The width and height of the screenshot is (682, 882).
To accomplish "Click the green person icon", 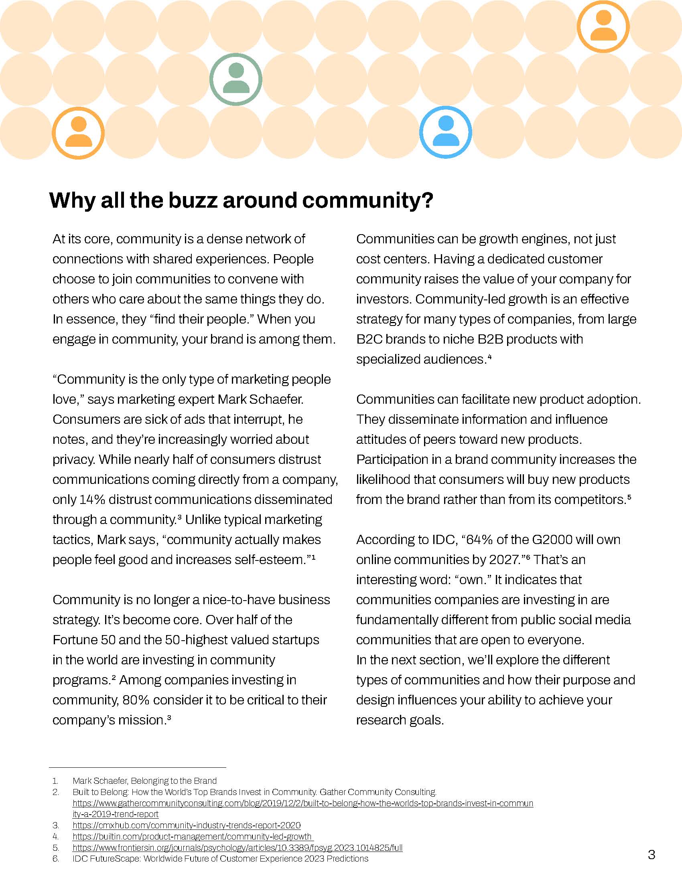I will pos(235,79).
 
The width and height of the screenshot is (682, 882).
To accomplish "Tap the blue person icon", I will pos(446,131).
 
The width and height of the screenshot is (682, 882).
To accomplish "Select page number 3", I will pos(651,855).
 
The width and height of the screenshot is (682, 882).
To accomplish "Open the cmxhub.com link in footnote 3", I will pos(186,825).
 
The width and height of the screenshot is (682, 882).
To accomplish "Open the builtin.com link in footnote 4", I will pos(192,836).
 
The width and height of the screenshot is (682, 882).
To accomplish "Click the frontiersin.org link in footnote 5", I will pos(237,848).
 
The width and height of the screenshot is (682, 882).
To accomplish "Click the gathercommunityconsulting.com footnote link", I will pos(302,803).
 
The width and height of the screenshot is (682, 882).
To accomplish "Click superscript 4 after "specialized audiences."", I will pos(489,356).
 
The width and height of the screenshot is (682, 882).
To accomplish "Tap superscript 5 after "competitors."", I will pos(629,497).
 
